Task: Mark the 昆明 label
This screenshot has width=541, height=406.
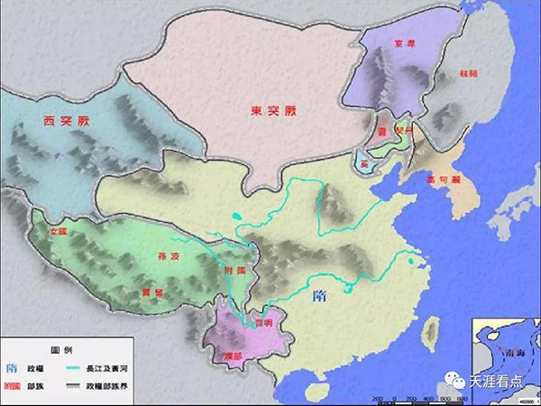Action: pyautogui.click(x=259, y=321)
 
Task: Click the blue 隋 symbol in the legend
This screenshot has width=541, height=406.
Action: pyautogui.click(x=11, y=368)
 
